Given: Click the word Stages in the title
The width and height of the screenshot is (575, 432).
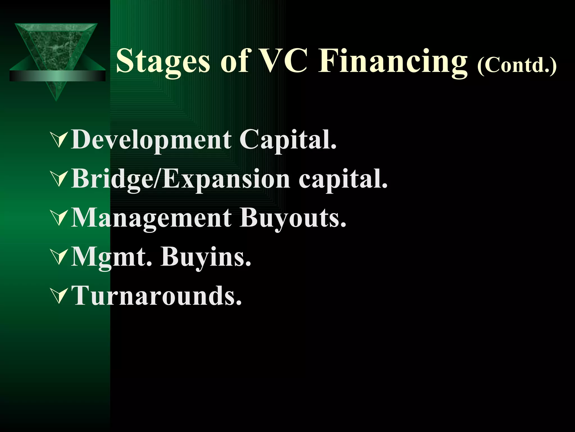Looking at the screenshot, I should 163,61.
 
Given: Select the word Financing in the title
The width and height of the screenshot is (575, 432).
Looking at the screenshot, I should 393,61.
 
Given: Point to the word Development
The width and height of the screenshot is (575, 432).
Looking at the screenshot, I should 151,140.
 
